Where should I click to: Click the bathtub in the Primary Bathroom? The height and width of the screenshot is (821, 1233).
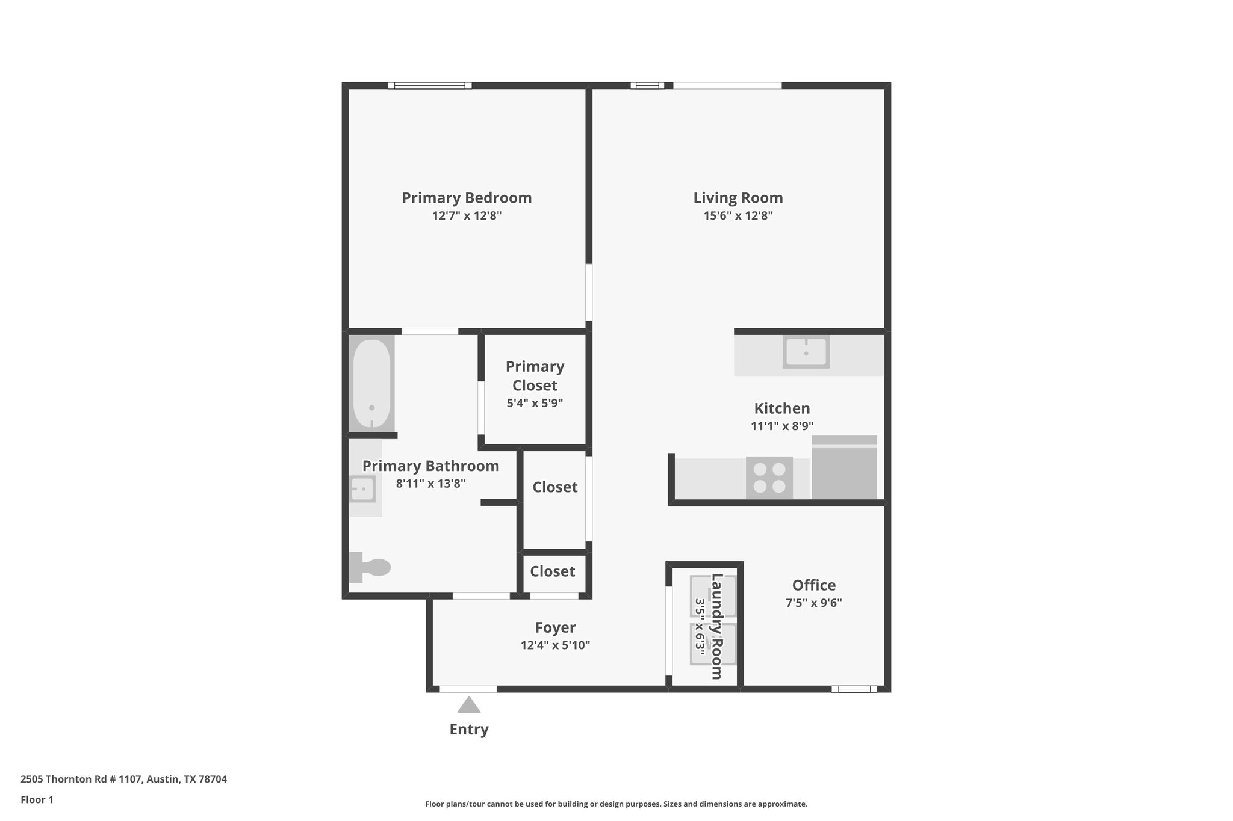pyautogui.click(x=371, y=383)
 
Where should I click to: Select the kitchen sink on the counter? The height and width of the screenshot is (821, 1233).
pyautogui.click(x=806, y=352)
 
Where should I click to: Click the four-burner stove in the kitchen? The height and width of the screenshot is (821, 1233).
pyautogui.click(x=769, y=478)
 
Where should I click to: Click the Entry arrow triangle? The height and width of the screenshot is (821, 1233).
pyautogui.click(x=468, y=705)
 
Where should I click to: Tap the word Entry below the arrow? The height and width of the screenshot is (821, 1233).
pyautogui.click(x=469, y=730)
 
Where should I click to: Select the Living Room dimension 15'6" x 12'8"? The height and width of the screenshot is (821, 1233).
pyautogui.click(x=738, y=215)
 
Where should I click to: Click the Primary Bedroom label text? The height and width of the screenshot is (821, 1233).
pyautogui.click(x=467, y=198)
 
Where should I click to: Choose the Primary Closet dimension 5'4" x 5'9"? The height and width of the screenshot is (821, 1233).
pyautogui.click(x=535, y=403)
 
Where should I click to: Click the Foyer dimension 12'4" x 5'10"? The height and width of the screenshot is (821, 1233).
pyautogui.click(x=555, y=645)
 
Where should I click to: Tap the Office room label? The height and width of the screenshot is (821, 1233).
pyautogui.click(x=813, y=585)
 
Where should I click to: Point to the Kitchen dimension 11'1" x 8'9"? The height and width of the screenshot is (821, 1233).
pyautogui.click(x=782, y=426)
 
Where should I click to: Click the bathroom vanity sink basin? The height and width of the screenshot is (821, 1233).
pyautogui.click(x=362, y=489)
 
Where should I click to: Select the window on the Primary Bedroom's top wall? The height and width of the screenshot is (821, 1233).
pyautogui.click(x=430, y=85)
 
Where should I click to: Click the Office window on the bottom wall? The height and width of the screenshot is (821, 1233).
pyautogui.click(x=854, y=689)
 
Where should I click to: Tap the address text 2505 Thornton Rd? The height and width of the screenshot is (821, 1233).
pyautogui.click(x=123, y=779)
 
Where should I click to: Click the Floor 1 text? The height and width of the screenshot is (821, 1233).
pyautogui.click(x=37, y=800)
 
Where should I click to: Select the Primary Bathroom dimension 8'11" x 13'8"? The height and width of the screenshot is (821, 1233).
pyautogui.click(x=430, y=483)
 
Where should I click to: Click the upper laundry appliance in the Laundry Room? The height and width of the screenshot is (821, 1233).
pyautogui.click(x=712, y=596)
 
